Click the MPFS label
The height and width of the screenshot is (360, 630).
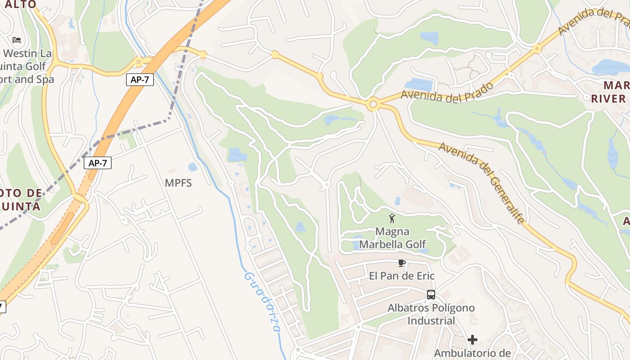pyautogui.click(x=178, y=183)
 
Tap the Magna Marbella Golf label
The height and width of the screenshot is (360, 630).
pyautogui.click(x=392, y=238)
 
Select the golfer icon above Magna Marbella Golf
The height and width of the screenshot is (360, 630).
pyautogui.click(x=392, y=218)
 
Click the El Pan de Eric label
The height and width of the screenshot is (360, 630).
pyautogui.click(x=402, y=276)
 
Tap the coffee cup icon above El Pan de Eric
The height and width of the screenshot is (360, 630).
pyautogui.click(x=401, y=263)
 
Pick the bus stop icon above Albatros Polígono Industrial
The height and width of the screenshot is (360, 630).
pyautogui.click(x=431, y=295)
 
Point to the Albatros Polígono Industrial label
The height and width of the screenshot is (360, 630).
pyautogui.click(x=431, y=314)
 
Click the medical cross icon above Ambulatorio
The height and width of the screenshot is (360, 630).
pyautogui.click(x=472, y=339)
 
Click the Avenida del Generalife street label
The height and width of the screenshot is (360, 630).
pyautogui.click(x=482, y=183)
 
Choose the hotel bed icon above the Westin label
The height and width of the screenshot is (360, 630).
pyautogui.click(x=17, y=40)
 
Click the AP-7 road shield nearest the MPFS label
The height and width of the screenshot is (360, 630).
pyautogui.click(x=98, y=163)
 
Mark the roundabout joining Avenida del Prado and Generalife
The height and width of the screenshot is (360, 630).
pyautogui.click(x=372, y=105)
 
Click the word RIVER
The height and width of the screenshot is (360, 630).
pyautogui.click(x=608, y=99)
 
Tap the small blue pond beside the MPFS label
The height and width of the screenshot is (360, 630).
pyautogui.click(x=193, y=167)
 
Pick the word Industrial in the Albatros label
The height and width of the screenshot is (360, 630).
pyautogui.click(x=431, y=321)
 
